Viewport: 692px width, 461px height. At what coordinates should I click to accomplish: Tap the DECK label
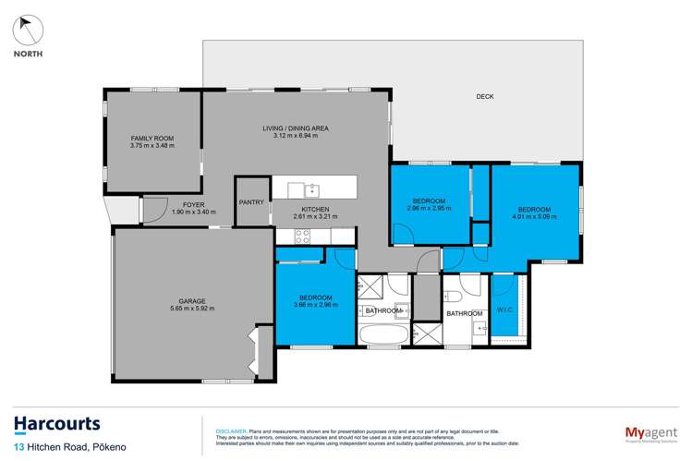tap(485, 96)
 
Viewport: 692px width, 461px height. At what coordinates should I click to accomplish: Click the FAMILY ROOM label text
tap(152, 139)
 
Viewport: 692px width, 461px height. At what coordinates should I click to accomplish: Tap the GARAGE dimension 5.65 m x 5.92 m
tap(191, 309)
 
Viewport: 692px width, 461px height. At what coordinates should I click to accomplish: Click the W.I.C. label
tap(504, 309)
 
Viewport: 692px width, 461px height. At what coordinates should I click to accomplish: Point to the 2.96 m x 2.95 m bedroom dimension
tap(429, 208)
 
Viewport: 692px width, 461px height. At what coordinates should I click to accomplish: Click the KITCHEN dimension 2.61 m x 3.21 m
tap(315, 217)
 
